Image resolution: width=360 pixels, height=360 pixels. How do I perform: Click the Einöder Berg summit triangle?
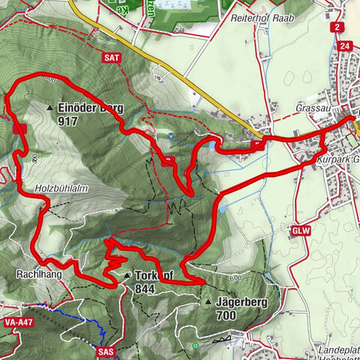click(49, 108)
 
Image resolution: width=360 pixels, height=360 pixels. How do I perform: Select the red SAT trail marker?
click(112, 55)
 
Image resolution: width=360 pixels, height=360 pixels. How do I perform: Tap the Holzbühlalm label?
click(57, 187)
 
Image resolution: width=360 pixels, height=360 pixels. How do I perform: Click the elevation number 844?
click(145, 289)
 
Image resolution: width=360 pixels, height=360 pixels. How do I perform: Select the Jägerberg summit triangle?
click(208, 303)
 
